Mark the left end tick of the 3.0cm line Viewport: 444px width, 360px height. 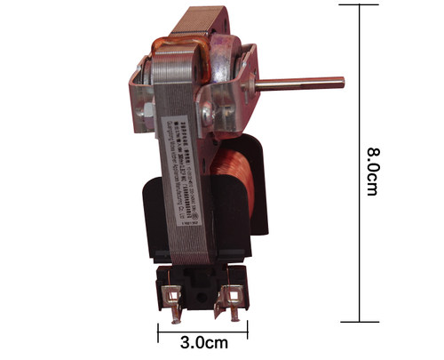[158, 332]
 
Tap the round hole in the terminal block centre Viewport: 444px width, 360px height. [200, 291]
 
